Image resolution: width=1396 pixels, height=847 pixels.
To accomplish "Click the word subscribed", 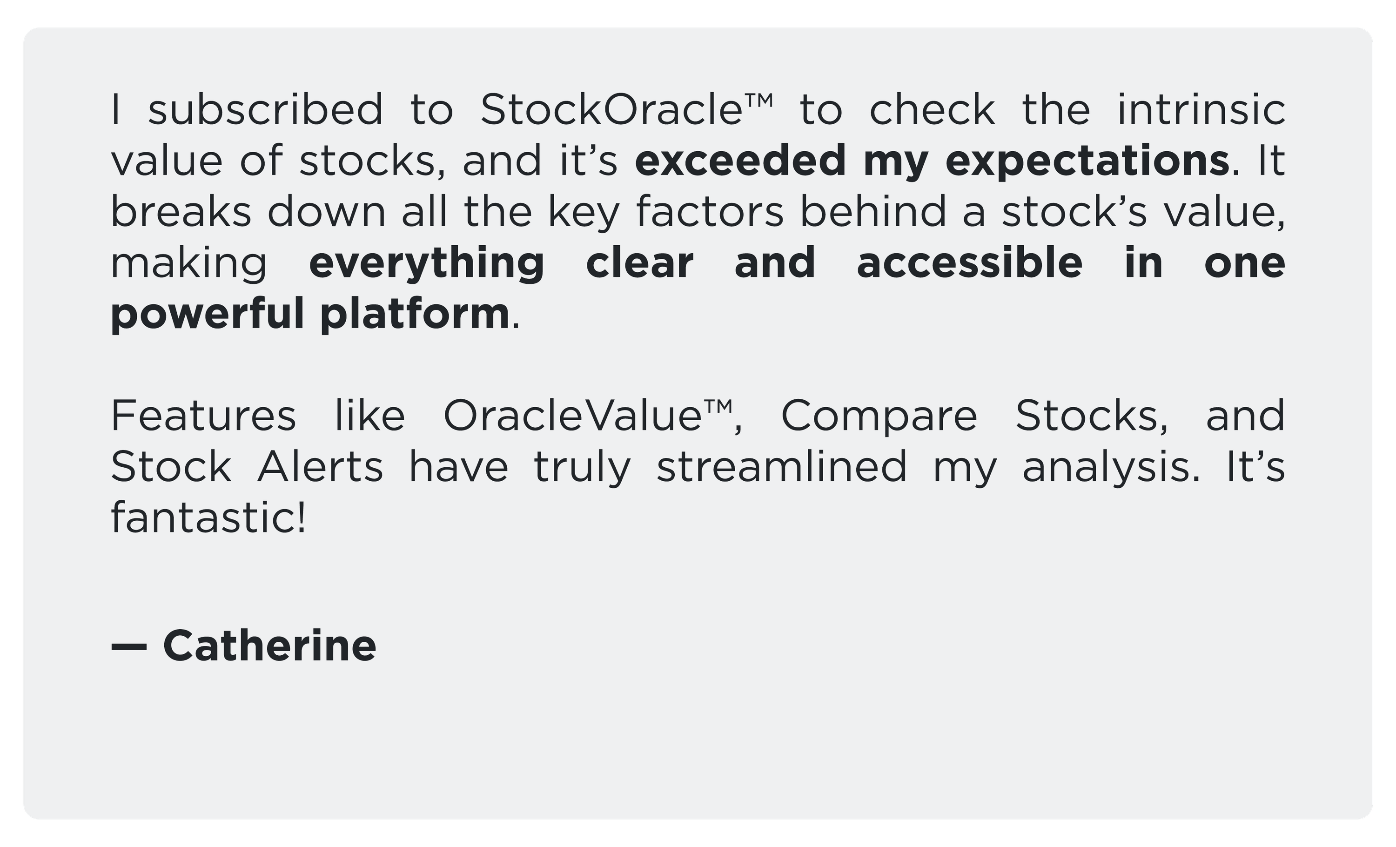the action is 265,109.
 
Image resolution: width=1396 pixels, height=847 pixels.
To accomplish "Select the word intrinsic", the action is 1201,109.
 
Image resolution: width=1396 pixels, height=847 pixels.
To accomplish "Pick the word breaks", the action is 181,211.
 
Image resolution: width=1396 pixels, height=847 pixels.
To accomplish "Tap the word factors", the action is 710,211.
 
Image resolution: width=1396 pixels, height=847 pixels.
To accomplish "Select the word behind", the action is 873,211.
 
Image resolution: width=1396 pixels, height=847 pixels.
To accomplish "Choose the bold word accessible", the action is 969,262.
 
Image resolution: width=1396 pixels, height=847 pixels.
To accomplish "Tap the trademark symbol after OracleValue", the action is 718,407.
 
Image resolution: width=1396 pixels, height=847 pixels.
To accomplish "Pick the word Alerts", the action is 321,467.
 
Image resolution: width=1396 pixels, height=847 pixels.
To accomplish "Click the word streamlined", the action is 782,467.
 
